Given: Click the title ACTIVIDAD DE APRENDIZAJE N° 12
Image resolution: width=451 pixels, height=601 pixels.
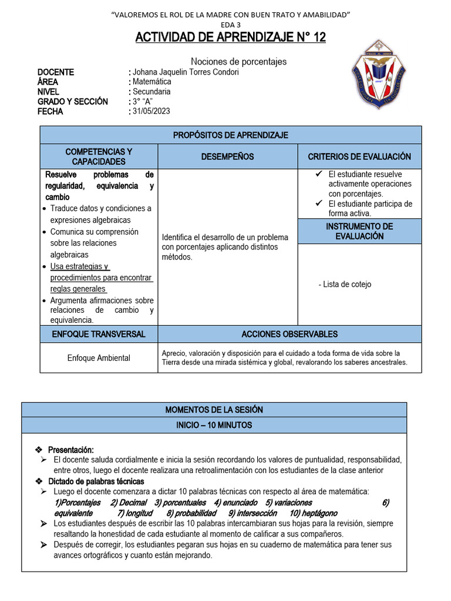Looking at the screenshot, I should (230, 38).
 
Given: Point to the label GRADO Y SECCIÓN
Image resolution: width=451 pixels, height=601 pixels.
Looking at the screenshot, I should (72, 102).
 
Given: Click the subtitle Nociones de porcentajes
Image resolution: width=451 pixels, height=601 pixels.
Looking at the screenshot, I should (239, 61).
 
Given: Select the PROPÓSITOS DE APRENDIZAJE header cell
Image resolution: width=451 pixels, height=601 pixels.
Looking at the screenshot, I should (230, 136).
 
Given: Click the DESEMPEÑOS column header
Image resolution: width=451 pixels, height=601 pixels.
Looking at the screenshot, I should (227, 157).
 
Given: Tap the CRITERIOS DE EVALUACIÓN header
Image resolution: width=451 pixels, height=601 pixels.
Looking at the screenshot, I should (359, 157).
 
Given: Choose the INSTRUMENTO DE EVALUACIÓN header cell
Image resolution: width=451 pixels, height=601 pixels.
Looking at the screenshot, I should (359, 231).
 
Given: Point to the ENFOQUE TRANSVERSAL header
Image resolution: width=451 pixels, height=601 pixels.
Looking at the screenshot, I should (99, 335).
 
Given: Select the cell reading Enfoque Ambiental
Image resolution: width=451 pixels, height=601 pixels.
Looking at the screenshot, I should (99, 358).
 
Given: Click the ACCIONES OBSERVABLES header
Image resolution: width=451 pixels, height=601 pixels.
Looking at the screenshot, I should (290, 335).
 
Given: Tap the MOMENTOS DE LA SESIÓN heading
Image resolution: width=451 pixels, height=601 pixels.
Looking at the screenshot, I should (214, 410).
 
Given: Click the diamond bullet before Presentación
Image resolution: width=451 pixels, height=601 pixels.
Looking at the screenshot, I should (39, 449).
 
